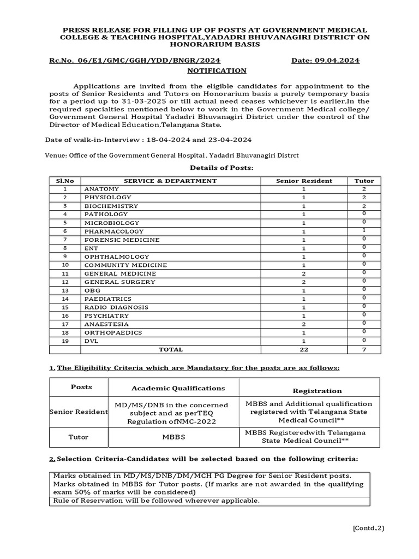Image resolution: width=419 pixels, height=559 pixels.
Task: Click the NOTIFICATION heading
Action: pyautogui.click(x=217, y=71)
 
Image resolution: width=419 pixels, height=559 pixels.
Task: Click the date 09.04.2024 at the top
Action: pyautogui.click(x=325, y=61)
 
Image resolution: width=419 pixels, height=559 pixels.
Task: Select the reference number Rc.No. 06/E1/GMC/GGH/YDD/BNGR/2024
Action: pyautogui.click(x=135, y=61)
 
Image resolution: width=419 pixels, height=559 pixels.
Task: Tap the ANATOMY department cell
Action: pyautogui.click(x=101, y=189)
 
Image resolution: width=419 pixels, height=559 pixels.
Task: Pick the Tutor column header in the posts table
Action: pyautogui.click(x=364, y=181)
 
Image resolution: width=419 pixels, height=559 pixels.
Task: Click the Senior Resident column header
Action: pyautogui.click(x=304, y=181)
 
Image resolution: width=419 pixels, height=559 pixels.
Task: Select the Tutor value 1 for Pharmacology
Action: pyautogui.click(x=364, y=231)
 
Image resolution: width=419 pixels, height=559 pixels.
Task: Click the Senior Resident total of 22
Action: pyautogui.click(x=304, y=350)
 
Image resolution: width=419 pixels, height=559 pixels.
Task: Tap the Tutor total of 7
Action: pyautogui.click(x=364, y=350)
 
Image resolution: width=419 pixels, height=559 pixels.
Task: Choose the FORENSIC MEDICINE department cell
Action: pyautogui.click(x=122, y=240)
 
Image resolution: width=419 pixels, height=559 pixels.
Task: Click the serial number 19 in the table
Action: pyautogui.click(x=65, y=341)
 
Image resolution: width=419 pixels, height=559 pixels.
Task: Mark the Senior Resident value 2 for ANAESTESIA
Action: pyautogui.click(x=304, y=324)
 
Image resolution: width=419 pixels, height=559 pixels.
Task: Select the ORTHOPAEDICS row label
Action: pyautogui.click(x=113, y=332)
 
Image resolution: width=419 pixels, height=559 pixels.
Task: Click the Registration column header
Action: pyautogui.click(x=309, y=391)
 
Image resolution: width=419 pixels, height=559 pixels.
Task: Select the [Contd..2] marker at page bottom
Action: pyautogui.click(x=368, y=528)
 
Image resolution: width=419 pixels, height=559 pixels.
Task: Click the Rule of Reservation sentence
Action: pyautogui.click(x=157, y=501)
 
